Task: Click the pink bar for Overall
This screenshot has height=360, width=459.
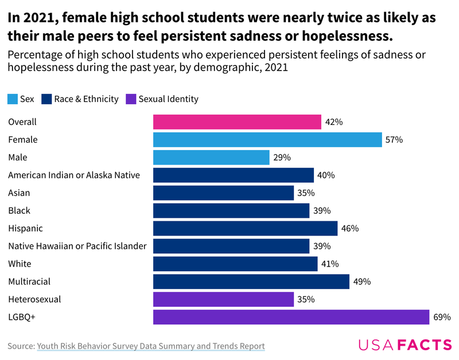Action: point(237,122)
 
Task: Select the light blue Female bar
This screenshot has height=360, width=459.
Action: point(267,139)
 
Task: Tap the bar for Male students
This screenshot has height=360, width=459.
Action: point(211,157)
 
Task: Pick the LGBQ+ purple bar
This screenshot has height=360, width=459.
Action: point(291,317)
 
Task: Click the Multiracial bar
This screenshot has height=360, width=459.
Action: point(251,281)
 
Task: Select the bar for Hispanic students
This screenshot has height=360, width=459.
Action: point(245,228)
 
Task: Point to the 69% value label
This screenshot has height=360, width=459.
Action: point(442,317)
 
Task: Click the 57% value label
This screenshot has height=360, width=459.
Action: point(394,139)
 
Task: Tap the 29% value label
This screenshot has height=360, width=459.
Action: point(282,157)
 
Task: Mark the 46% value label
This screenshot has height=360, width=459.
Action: point(349,228)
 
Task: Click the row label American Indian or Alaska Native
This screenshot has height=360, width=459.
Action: point(74,175)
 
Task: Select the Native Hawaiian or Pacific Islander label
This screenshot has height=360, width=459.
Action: point(77,246)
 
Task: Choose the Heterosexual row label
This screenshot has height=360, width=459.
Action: point(34,299)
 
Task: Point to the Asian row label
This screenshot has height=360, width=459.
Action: point(19,193)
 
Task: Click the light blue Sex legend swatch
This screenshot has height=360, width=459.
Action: point(13,99)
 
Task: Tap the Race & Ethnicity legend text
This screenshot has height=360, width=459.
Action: point(86,99)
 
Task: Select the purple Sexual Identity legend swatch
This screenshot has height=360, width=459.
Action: point(131,99)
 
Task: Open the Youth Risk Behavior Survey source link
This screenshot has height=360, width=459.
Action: point(151,346)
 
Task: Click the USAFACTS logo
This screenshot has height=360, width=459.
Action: point(405,345)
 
